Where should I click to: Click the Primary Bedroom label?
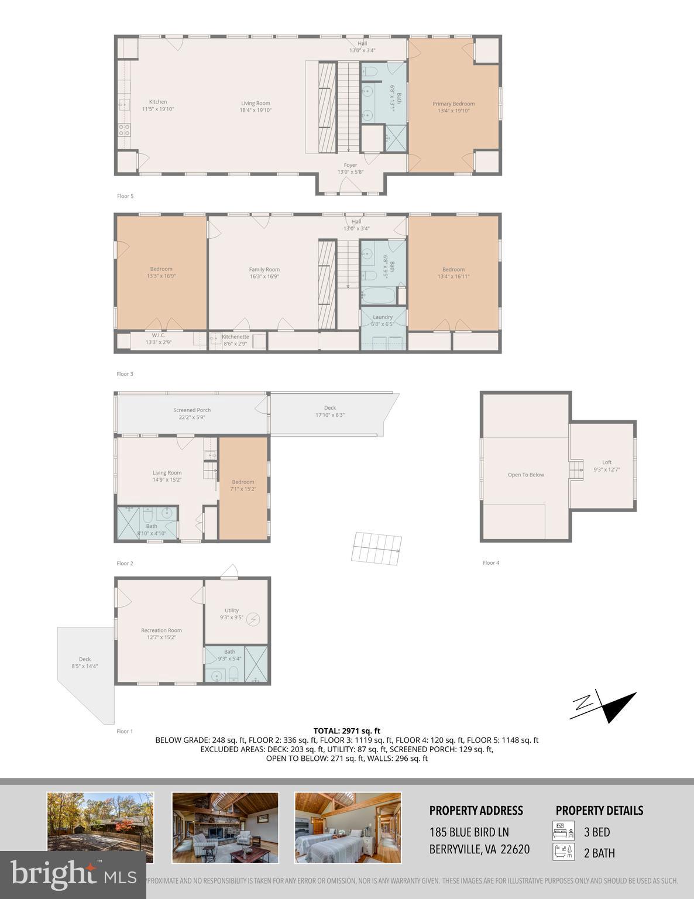(x=453, y=104)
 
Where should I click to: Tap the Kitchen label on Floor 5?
(x=158, y=102)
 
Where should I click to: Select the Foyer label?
(x=351, y=165)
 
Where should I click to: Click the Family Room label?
(x=264, y=270)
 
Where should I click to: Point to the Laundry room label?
(x=383, y=317)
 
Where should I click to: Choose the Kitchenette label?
(x=235, y=337)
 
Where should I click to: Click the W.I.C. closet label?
(x=159, y=335)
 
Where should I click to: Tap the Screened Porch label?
(x=192, y=410)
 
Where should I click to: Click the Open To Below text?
(x=525, y=475)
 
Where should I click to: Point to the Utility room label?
(x=231, y=610)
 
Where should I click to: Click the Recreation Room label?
(x=162, y=630)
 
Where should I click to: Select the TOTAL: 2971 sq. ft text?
(x=346, y=730)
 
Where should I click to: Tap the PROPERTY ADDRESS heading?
(x=476, y=811)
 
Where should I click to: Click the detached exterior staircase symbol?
(x=377, y=549)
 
